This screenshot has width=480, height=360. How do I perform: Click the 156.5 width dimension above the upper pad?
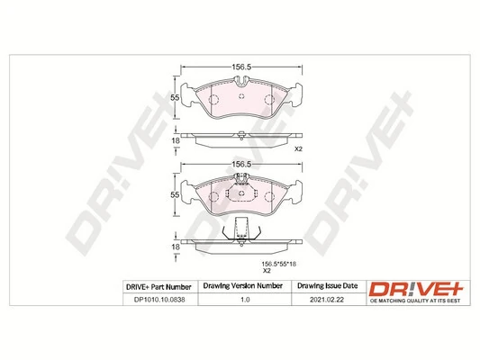[x=240, y=66]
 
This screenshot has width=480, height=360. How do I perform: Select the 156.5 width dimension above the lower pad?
[x=240, y=165]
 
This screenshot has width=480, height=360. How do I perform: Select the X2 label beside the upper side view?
[x=301, y=150]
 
